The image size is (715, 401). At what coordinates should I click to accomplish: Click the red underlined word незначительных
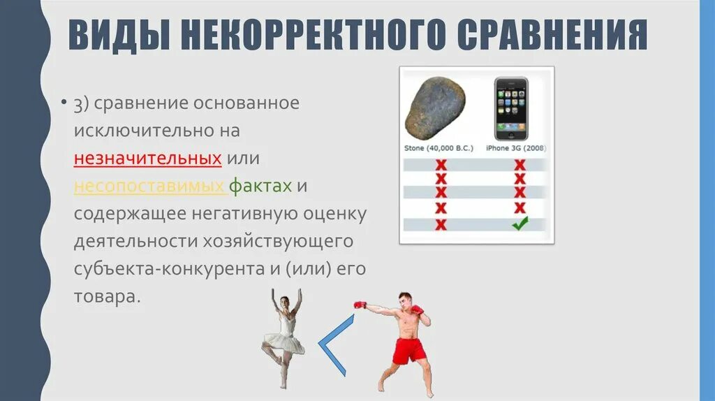tap(148, 159)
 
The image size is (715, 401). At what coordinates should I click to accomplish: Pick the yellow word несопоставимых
tap(149, 187)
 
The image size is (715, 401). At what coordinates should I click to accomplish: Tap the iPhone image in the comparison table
tap(510, 108)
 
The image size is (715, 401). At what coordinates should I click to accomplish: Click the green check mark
tap(519, 224)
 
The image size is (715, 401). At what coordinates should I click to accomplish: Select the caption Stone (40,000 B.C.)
tap(438, 148)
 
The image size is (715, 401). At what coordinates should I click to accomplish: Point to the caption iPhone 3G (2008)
tap(516, 148)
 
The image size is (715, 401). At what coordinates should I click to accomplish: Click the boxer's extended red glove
tap(360, 305)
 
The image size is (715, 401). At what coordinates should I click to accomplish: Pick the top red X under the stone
tap(441, 166)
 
